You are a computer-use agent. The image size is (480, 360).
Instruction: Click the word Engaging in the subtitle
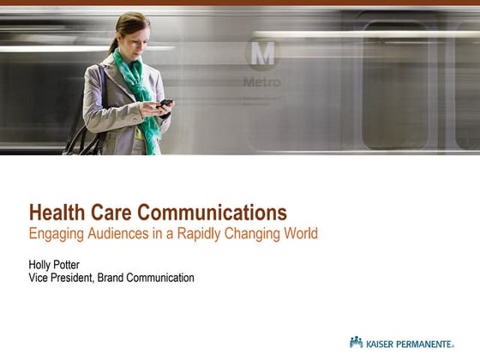point(54,233)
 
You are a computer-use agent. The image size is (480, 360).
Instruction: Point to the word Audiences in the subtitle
point(116,233)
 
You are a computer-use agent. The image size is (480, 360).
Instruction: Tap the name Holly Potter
point(55,265)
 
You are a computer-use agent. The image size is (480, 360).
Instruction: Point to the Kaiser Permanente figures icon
point(357,342)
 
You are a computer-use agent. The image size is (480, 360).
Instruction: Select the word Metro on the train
point(261,83)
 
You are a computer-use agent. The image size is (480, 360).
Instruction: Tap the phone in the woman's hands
point(165,103)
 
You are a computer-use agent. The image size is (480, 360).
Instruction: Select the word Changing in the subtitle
point(245,233)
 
